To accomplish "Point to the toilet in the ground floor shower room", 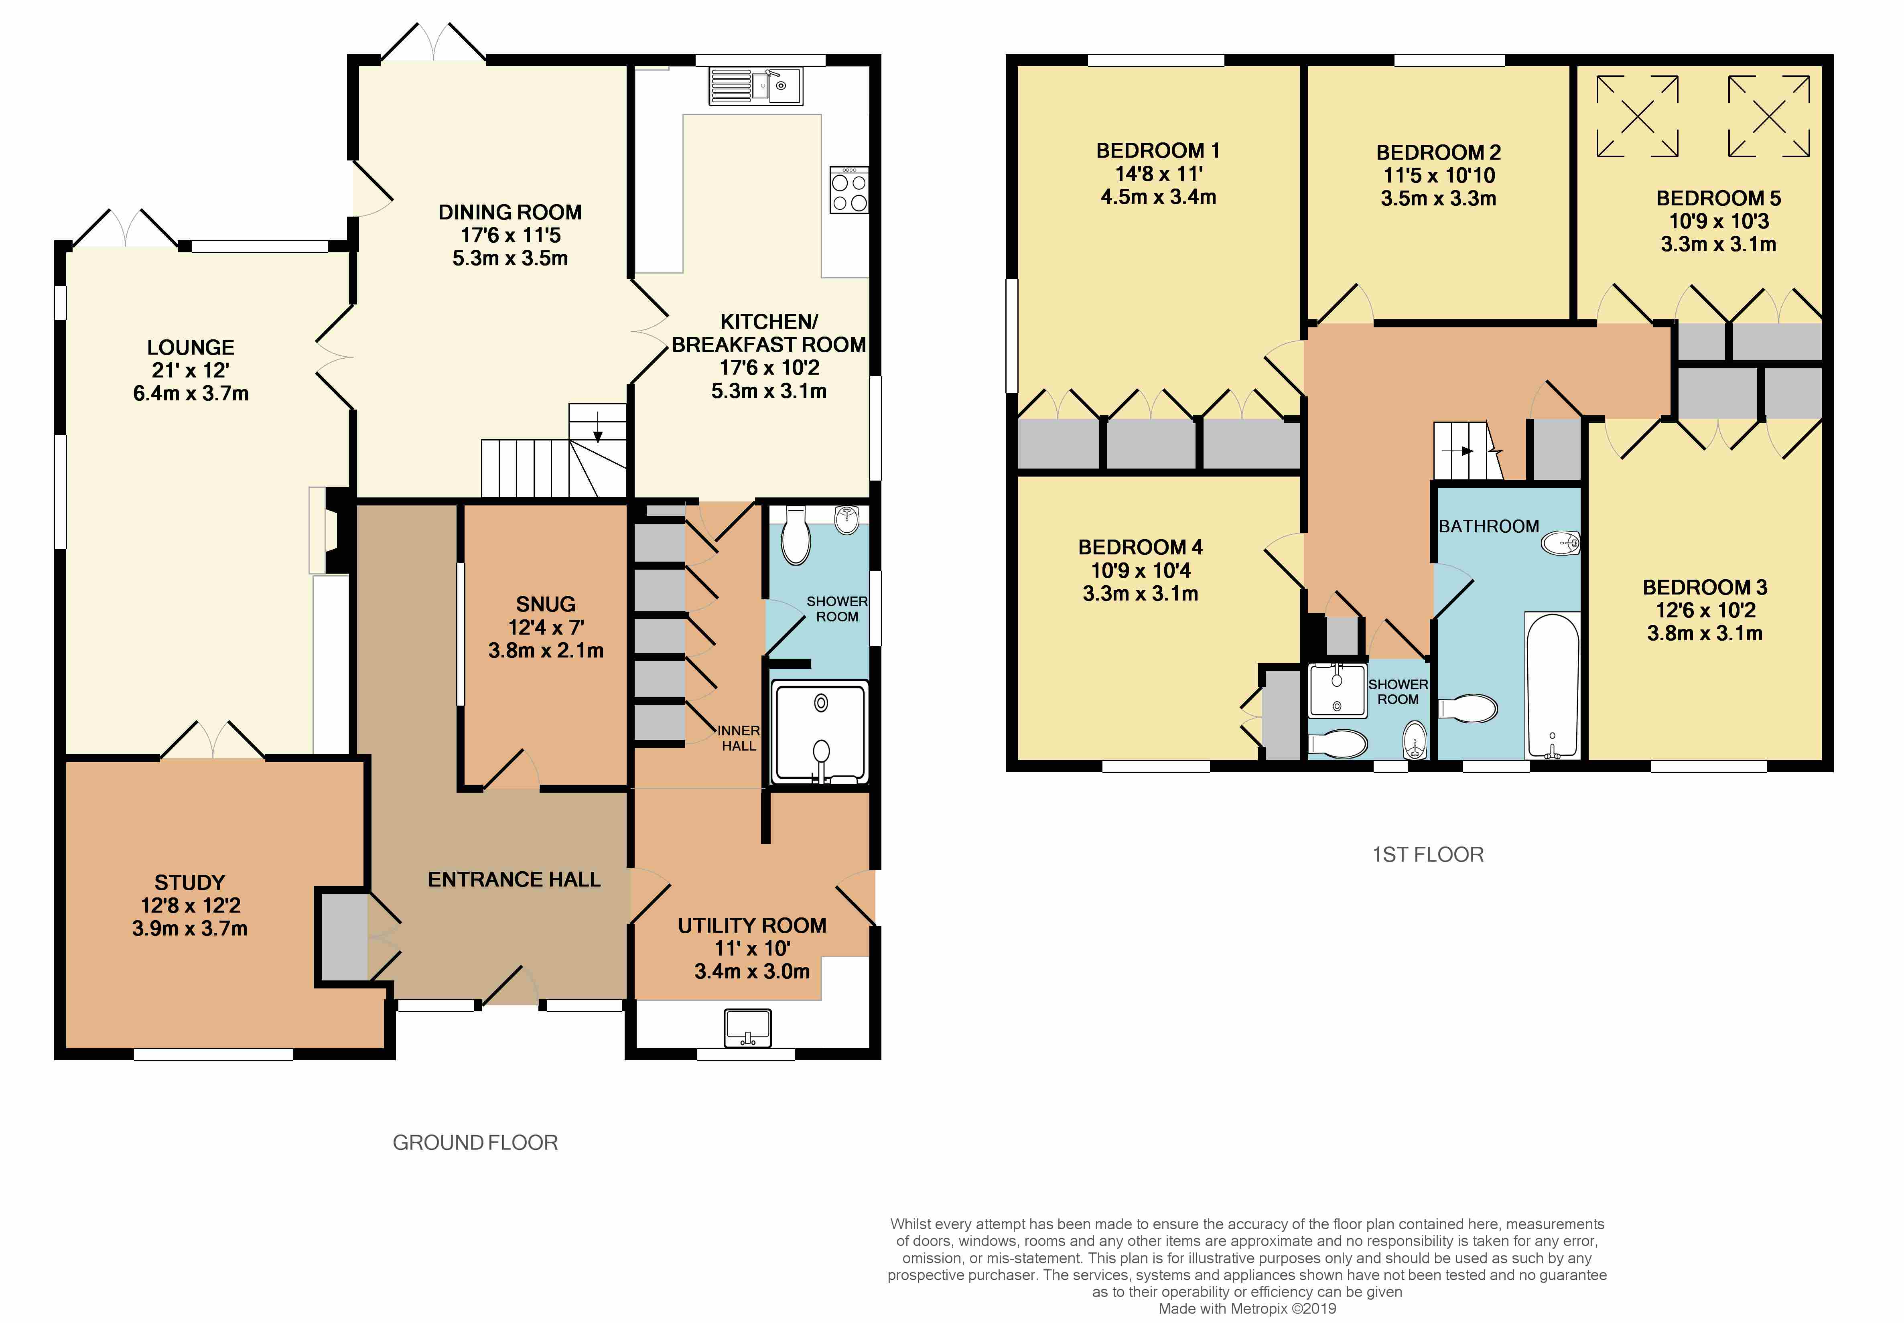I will [x=796, y=535].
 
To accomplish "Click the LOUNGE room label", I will [x=191, y=347].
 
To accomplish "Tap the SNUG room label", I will [x=546, y=604].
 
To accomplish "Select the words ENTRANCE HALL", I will [x=514, y=879].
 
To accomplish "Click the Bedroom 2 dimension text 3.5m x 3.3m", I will [x=1438, y=199].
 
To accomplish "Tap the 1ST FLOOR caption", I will [x=1427, y=854].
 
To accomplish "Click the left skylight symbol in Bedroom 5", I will [x=1637, y=116].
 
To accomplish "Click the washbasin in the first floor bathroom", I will [x=1560, y=543].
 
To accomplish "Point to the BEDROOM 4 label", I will [x=1140, y=547].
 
